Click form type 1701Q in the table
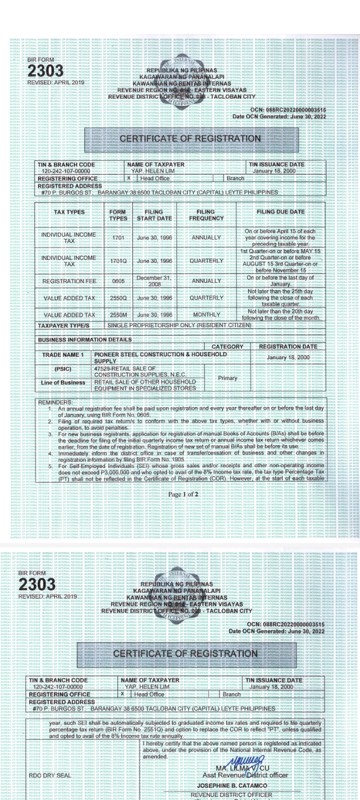[118, 261]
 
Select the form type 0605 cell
[118, 281]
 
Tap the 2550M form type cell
[118, 315]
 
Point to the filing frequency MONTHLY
[206, 314]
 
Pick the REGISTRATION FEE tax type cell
[69, 281]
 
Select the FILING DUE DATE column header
[280, 211]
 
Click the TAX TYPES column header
[69, 212]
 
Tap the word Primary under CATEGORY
[227, 378]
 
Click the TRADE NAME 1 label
[63, 355]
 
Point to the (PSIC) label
[63, 369]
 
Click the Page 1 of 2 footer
[183, 494]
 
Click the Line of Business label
[63, 382]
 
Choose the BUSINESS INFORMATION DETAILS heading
[85, 339]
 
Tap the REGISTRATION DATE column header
[287, 346]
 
